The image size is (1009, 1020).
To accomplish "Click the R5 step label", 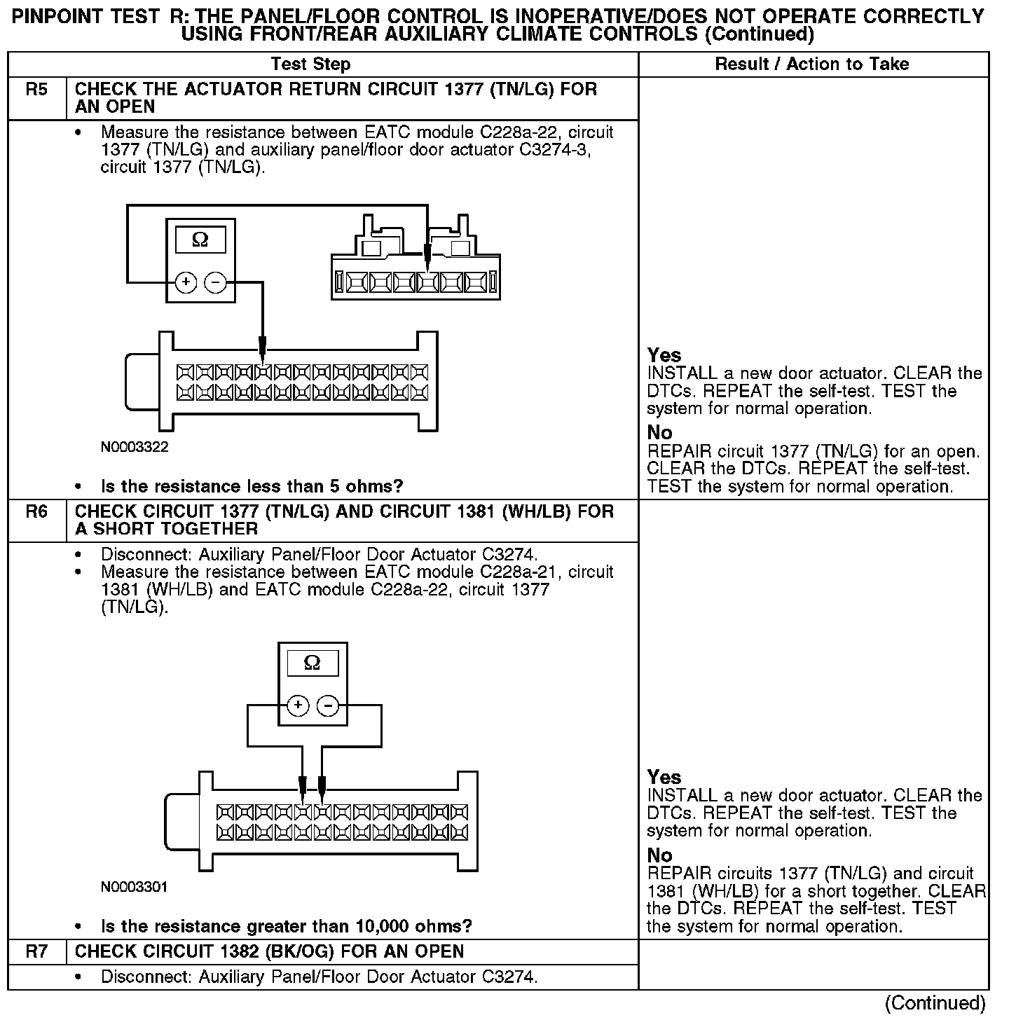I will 36,90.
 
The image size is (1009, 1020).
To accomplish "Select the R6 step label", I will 36,512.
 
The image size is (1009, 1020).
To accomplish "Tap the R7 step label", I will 36,951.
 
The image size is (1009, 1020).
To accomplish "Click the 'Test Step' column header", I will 310,64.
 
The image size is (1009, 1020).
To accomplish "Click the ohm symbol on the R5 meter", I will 200,240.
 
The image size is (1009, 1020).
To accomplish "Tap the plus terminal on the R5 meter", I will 186,282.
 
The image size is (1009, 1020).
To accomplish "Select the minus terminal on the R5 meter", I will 216,282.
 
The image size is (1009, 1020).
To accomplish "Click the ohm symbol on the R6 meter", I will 313,663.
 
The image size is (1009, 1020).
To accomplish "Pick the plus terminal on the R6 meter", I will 298,705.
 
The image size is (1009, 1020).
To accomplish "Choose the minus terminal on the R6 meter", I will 328,705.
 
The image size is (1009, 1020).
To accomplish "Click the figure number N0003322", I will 135,447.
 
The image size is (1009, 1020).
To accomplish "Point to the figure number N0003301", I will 135,887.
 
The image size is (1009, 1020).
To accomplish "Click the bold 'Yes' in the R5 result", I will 664,355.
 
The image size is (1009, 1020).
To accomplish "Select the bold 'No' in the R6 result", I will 659,855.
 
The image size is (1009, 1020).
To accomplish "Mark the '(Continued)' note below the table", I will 935,1004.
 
